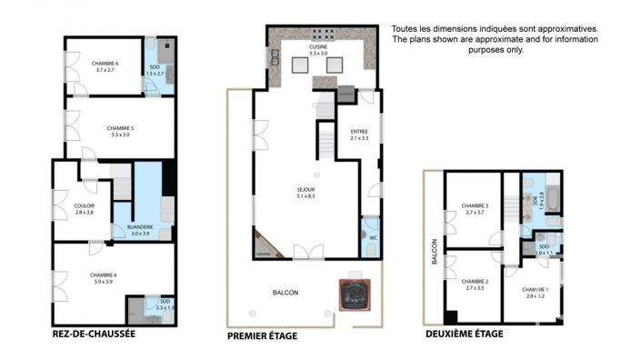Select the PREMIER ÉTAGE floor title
(x=264, y=335)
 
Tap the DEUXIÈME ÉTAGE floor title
(x=464, y=334)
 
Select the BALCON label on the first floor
(x=285, y=292)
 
